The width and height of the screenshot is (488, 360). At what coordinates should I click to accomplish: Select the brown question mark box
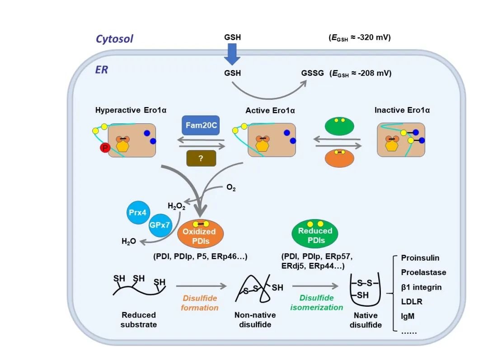[201, 158]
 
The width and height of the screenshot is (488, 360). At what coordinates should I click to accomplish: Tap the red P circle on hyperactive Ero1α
[105, 148]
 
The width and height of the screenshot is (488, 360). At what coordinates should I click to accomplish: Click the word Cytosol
[114, 39]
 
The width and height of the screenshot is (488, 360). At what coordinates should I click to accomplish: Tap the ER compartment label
[101, 70]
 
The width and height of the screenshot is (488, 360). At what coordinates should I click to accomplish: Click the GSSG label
[313, 73]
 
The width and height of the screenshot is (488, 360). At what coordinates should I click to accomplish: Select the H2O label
[129, 242]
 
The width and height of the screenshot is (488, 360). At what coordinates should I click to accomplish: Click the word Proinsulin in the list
[420, 258]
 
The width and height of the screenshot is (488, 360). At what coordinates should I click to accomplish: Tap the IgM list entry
[409, 316]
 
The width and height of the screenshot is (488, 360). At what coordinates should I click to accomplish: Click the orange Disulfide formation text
[200, 303]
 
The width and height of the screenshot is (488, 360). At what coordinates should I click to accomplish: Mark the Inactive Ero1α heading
[402, 110]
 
